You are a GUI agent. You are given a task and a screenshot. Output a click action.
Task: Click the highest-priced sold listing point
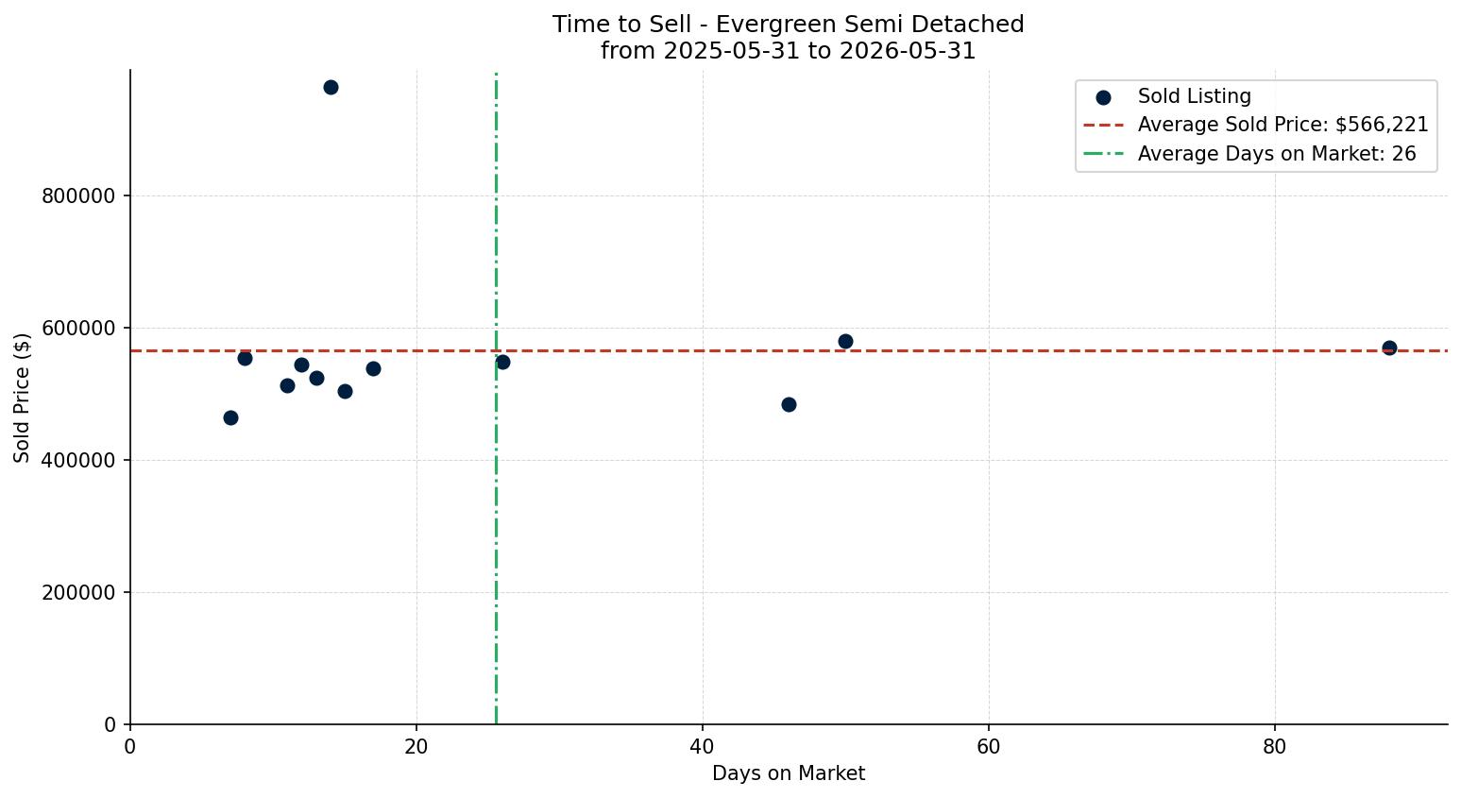pos(331,88)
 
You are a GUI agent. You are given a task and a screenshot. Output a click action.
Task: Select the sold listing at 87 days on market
pos(1389,348)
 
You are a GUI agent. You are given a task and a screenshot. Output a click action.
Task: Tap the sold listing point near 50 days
pos(845,341)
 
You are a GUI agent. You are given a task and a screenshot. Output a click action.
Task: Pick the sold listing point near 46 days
pos(789,404)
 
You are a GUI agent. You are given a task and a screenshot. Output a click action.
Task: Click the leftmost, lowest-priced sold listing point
pos(230,417)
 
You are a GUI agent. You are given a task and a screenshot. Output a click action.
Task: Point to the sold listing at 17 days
pos(373,368)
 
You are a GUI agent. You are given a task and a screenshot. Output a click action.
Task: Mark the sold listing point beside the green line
pos(502,362)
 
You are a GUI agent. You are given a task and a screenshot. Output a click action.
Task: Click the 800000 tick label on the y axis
pos(78,195)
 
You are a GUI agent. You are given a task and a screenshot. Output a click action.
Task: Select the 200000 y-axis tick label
pos(78,593)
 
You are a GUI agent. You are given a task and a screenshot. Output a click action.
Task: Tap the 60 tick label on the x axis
pos(989,746)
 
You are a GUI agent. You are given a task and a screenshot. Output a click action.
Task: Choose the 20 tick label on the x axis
pos(416,746)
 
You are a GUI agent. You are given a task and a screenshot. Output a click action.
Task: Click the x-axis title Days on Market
pos(789,773)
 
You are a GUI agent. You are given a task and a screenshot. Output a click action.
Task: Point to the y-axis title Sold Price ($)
pos(22,398)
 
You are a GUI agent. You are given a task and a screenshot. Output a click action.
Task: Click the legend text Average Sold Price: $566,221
pos(1283,125)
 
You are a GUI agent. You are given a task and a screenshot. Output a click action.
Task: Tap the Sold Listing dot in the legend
pos(1103,98)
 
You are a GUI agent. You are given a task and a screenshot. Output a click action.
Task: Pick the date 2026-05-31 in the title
pos(908,51)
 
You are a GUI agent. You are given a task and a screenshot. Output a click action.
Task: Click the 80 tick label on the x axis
pos(1274,746)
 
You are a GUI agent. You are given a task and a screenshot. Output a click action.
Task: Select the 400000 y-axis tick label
pos(78,460)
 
